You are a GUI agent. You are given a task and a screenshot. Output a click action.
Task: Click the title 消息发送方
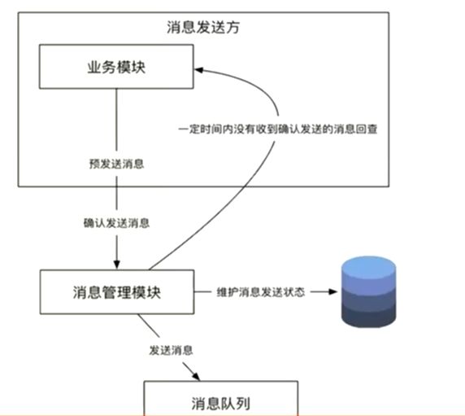tap(203, 28)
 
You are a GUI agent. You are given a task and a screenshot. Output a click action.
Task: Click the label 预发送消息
tap(116, 164)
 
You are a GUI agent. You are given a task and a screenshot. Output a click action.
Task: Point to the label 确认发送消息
tap(116, 223)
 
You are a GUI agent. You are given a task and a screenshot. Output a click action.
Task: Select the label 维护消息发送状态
tap(261, 292)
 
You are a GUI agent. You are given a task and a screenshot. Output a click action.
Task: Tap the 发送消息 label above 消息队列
tap(171, 350)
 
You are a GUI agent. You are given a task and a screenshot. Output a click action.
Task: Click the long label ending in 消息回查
tap(278, 129)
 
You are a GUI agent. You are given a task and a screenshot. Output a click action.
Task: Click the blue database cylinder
tap(368, 292)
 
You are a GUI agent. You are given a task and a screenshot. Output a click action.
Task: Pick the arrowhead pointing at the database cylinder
tap(333, 292)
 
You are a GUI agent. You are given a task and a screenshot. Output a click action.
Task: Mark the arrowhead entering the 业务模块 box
tap(198, 70)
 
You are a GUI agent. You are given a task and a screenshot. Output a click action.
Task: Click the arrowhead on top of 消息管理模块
tap(116, 265)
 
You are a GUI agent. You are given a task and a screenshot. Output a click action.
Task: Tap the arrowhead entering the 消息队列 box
tap(196, 376)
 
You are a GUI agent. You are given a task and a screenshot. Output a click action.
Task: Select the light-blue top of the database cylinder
tap(368, 267)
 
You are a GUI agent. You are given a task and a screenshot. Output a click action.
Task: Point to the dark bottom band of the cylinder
tap(368, 317)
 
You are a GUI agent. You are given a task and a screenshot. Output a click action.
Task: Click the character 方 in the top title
tap(232, 28)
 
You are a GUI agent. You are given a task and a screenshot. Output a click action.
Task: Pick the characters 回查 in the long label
tap(367, 129)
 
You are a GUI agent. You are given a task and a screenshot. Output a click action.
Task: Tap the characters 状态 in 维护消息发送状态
tap(294, 292)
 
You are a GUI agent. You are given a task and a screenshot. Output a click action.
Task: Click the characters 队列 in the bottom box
tap(236, 404)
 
